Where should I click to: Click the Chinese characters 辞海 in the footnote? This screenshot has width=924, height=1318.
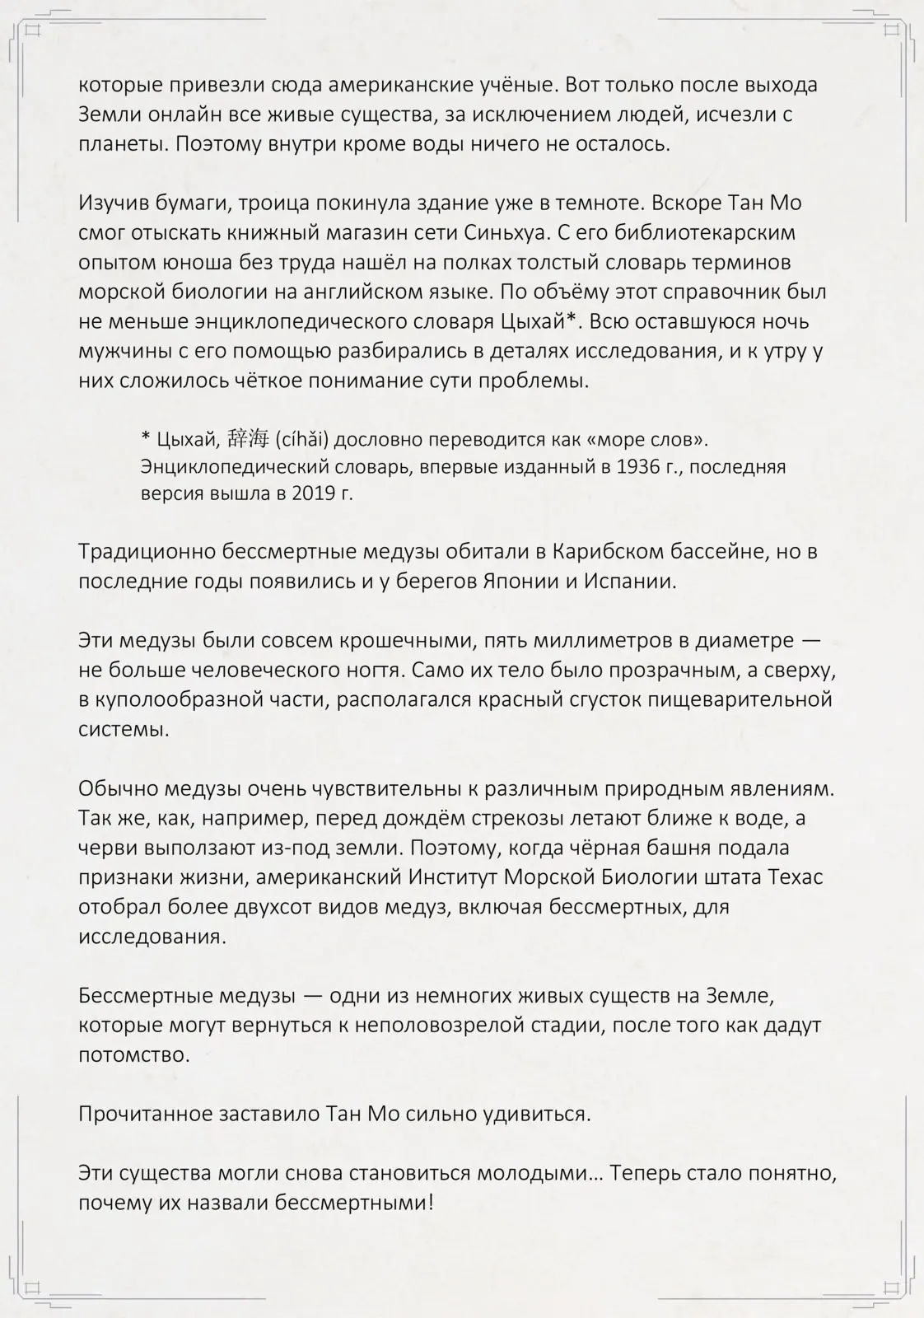[249, 439]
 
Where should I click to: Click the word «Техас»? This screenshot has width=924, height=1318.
[794, 877]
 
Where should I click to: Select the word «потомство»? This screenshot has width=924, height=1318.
[134, 1055]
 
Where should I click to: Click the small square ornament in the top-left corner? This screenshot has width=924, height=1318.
[34, 31]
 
